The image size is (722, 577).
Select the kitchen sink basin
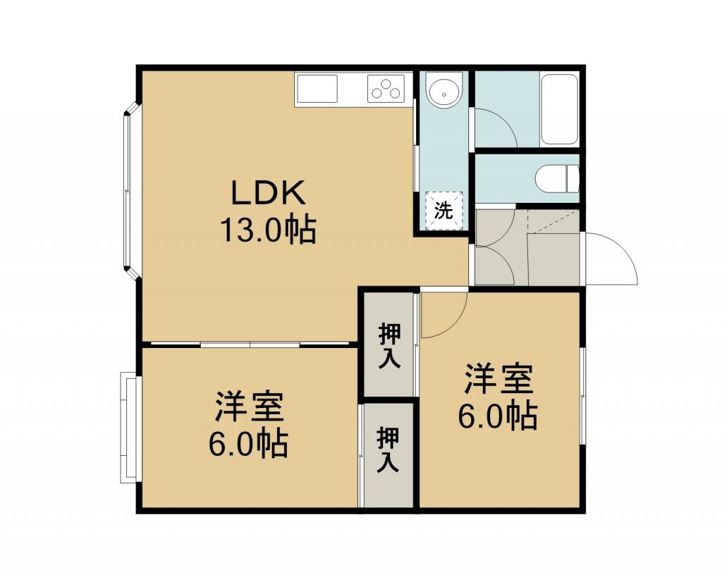[317, 89]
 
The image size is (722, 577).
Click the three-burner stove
[386, 88]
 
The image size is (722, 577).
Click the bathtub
[559, 109]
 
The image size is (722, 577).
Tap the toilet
[557, 178]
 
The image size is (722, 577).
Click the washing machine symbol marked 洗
[444, 211]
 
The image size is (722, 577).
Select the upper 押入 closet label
[389, 346]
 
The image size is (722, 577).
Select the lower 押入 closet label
[388, 449]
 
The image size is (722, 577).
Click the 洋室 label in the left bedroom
[249, 407]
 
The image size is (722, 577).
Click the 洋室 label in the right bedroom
[498, 379]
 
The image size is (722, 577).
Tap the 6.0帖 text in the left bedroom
[249, 443]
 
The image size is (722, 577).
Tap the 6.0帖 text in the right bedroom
[498, 416]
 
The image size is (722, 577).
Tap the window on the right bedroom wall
[583, 396]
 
